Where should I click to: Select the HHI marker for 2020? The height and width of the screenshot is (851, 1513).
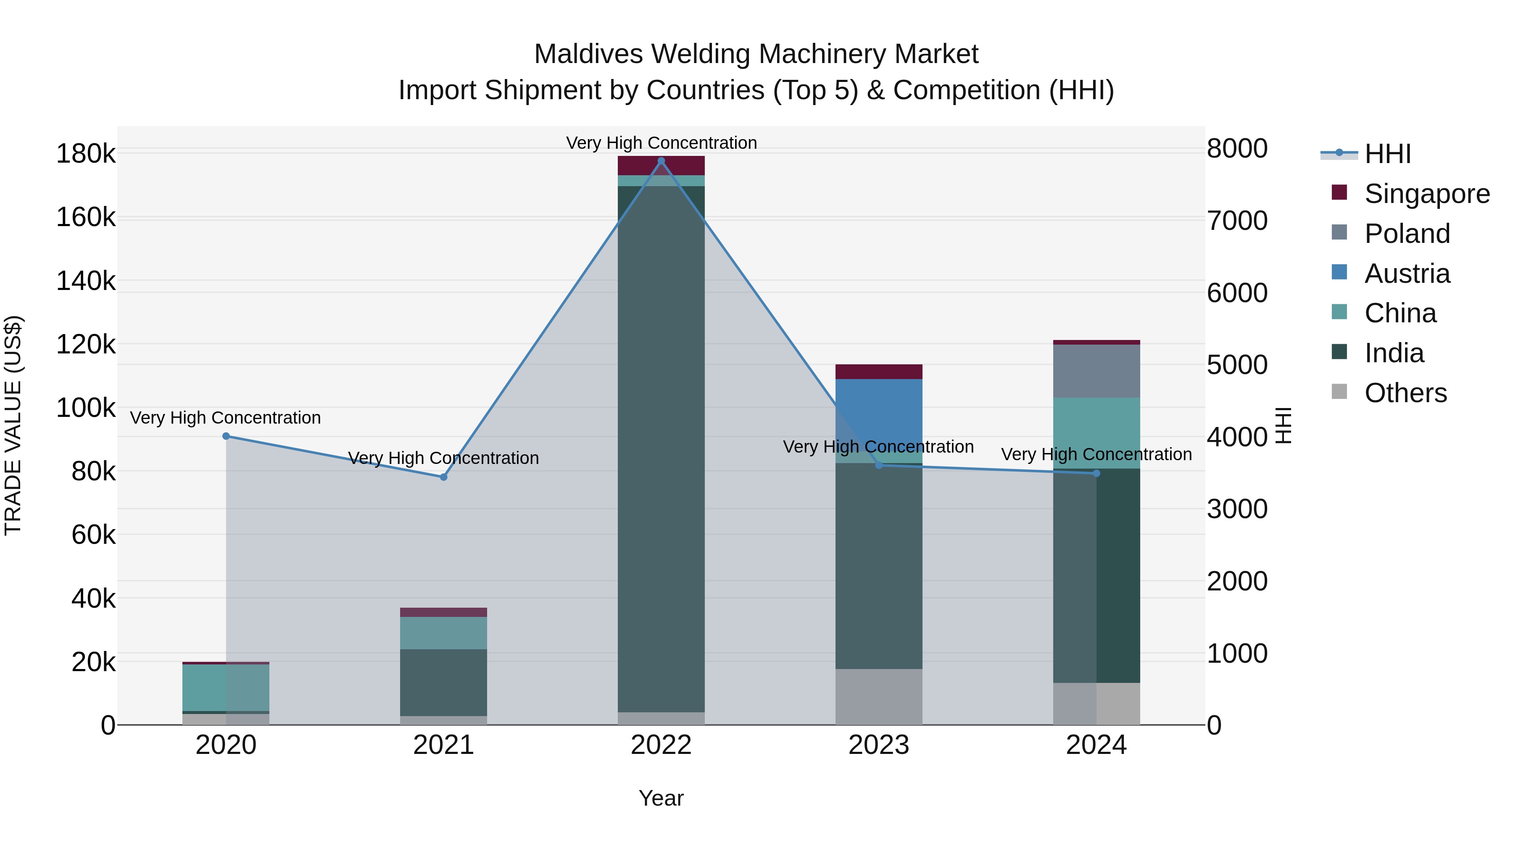click(x=226, y=436)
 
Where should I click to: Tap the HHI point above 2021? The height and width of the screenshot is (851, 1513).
click(x=443, y=477)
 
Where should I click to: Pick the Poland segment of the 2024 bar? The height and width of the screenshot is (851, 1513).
click(x=1096, y=371)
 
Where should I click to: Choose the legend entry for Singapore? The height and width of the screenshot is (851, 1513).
click(x=1427, y=194)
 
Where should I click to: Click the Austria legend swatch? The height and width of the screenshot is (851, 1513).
click(x=1339, y=272)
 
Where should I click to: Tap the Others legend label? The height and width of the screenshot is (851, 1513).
click(x=1405, y=393)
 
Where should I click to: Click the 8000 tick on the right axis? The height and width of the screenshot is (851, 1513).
click(x=1237, y=149)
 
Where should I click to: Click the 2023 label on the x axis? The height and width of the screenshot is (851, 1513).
click(x=879, y=745)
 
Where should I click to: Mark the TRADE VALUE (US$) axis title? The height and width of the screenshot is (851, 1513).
click(x=13, y=425)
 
